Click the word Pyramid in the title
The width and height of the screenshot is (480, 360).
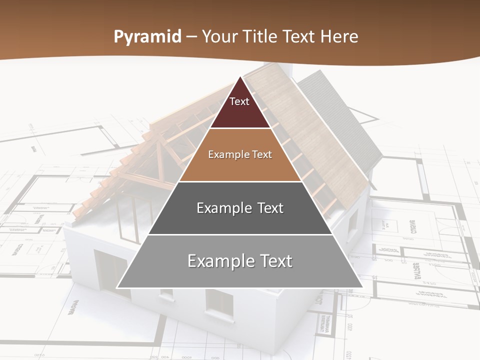pos(147,37)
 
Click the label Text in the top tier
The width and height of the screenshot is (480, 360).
pos(239,101)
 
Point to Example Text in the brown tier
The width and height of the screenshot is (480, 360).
pos(240,154)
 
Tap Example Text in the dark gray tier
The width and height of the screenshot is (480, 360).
pos(240,208)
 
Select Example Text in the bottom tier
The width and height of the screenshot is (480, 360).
pos(240,261)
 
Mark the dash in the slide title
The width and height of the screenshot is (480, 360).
pos(191,37)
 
